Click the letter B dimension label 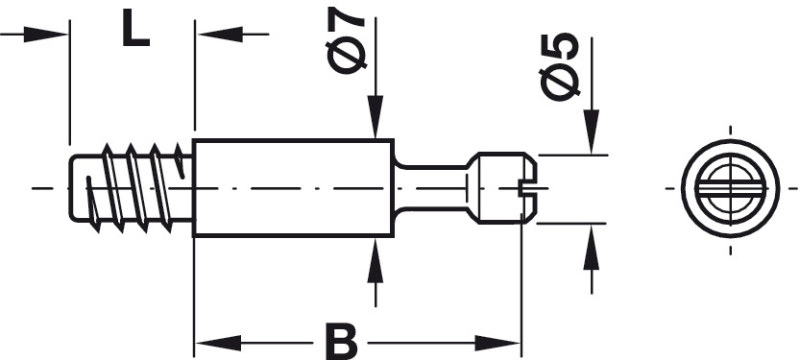click(x=341, y=341)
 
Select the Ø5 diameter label click(x=559, y=66)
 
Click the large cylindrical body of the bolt click(x=293, y=187)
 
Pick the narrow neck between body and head click(x=431, y=187)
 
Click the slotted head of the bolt click(x=502, y=187)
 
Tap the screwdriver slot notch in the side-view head click(x=528, y=187)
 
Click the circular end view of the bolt click(x=730, y=189)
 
